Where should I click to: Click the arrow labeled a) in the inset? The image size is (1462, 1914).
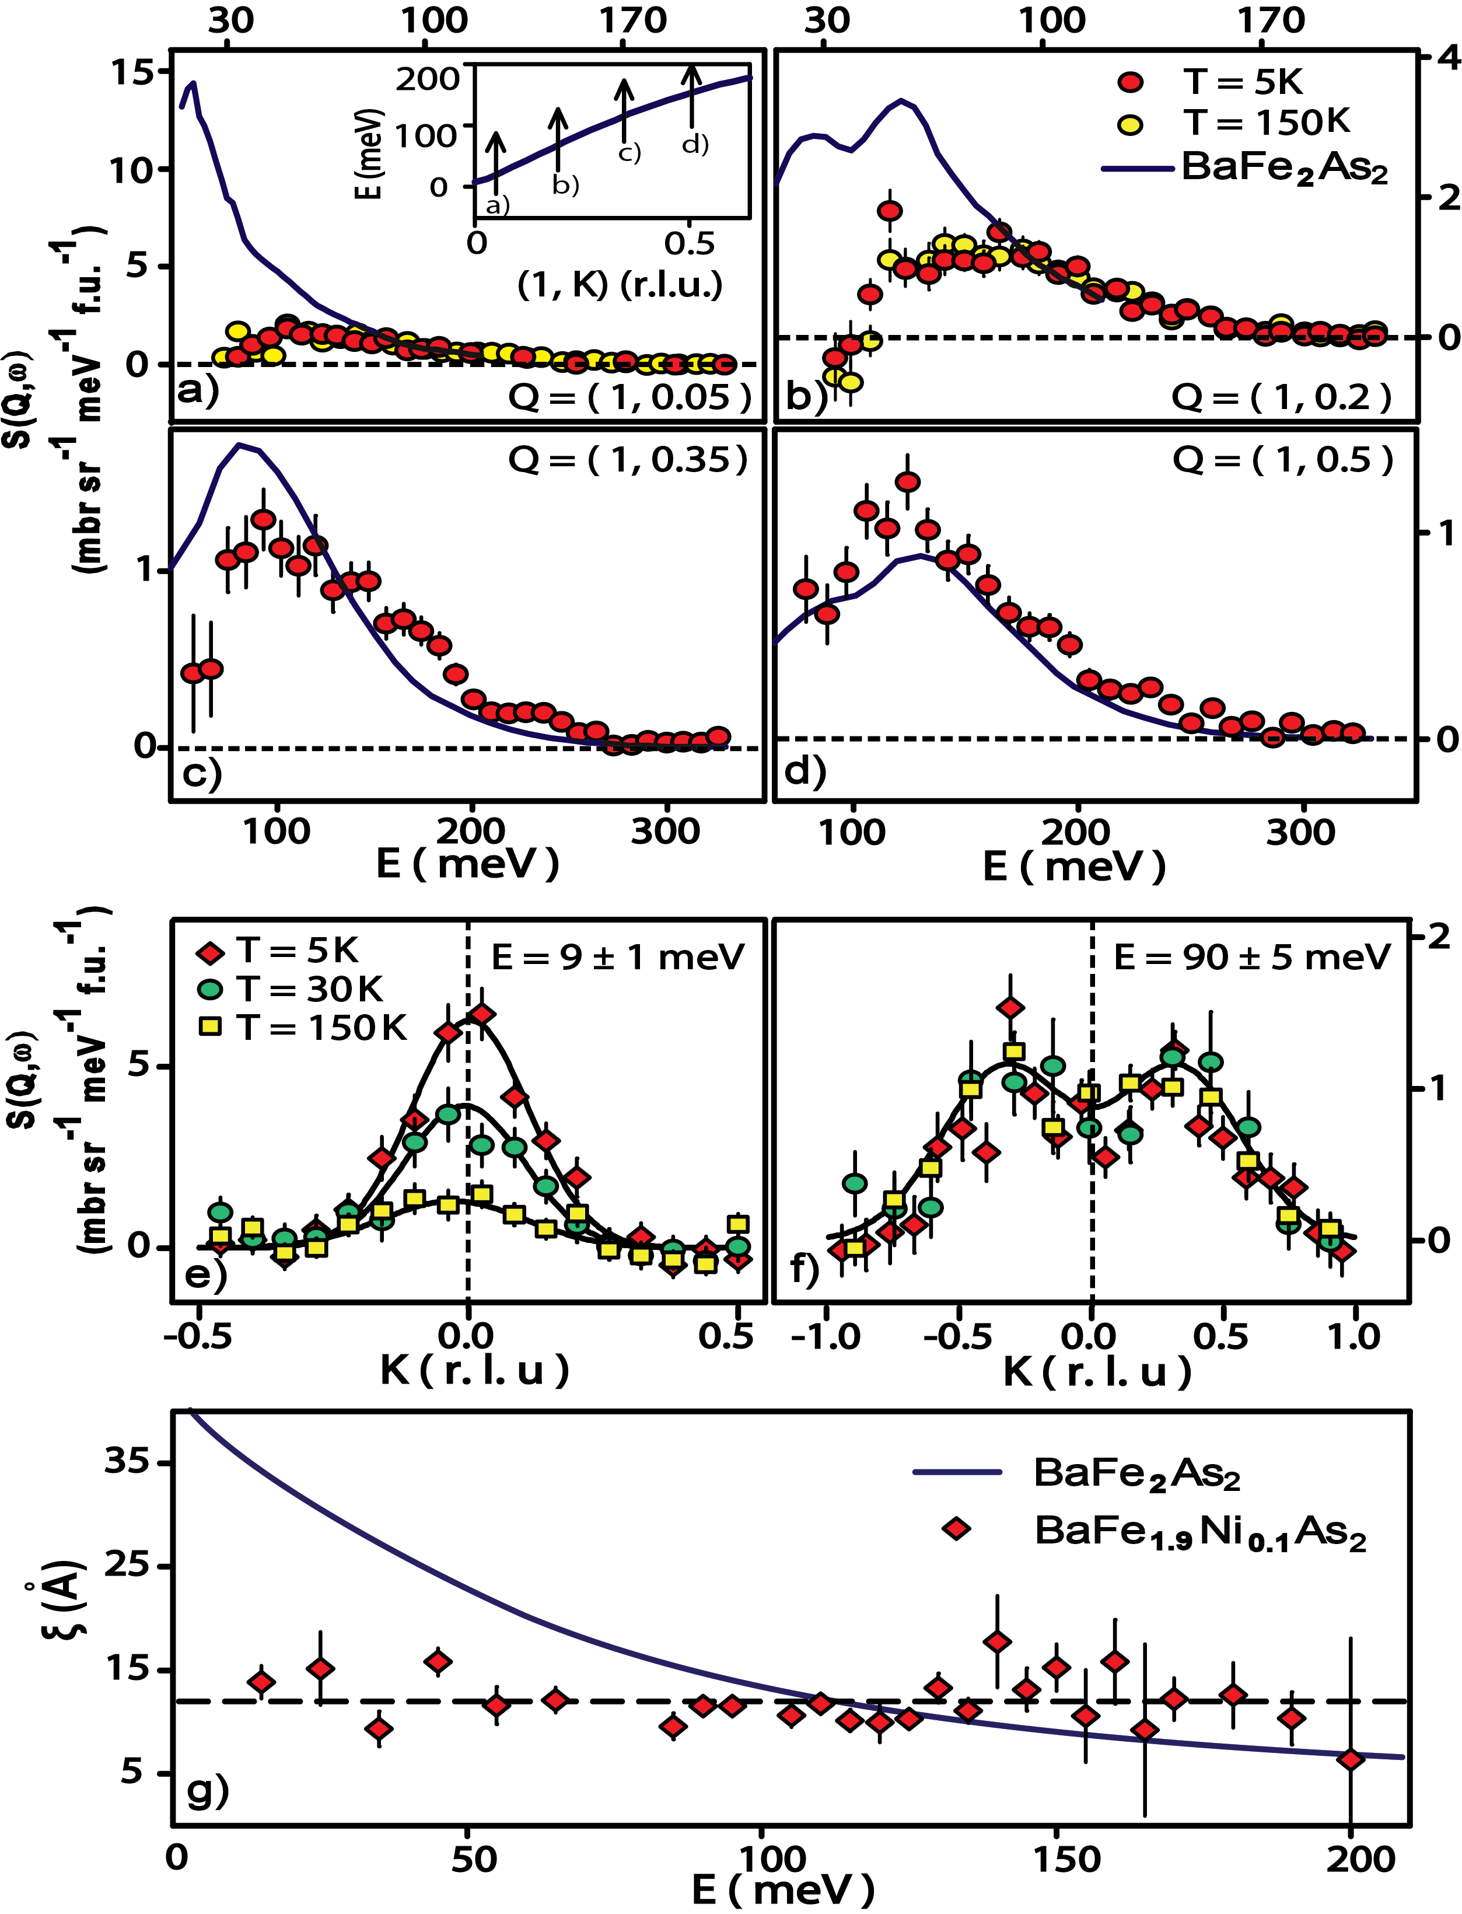[x=495, y=161]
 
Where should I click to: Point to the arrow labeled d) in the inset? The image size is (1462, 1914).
[x=692, y=96]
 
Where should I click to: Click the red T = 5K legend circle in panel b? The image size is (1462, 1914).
[x=1131, y=83]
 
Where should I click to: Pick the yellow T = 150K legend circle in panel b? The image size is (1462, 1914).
[x=1131, y=124]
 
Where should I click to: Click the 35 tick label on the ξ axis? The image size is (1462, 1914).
[x=127, y=1461]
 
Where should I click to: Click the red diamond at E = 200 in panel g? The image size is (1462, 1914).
[x=1351, y=1760]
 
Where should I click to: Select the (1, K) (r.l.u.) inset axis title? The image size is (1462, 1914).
[x=620, y=285]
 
